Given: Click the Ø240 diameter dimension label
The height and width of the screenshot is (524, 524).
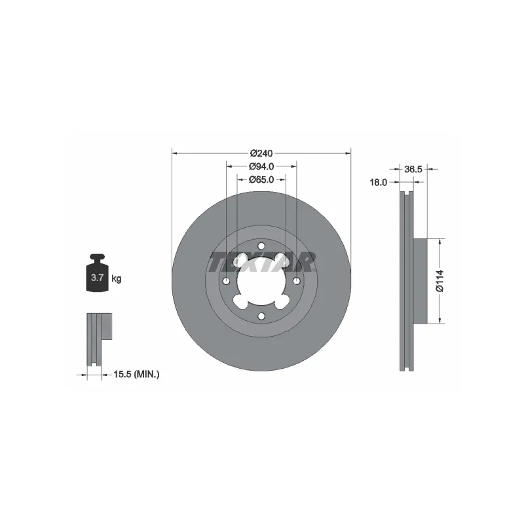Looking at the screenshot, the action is coord(261,153).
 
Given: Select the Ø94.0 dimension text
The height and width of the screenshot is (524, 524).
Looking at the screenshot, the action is coord(261,166).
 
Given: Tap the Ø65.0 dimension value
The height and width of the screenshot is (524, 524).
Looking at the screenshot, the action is coord(261,179).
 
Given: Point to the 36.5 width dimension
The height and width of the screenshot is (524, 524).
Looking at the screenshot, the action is coord(413,170).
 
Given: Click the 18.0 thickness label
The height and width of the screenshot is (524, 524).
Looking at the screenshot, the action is coord(379,183).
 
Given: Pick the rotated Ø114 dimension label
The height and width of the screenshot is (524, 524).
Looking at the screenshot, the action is coord(440,281).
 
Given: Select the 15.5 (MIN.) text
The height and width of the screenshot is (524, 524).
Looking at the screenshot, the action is coord(136,375).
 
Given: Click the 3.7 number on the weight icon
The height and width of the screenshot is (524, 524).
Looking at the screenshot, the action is coord(97,277).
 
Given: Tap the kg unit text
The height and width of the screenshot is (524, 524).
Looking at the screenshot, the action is coord(117,278).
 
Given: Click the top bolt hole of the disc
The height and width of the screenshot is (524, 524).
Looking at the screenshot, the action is coord(261,246).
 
